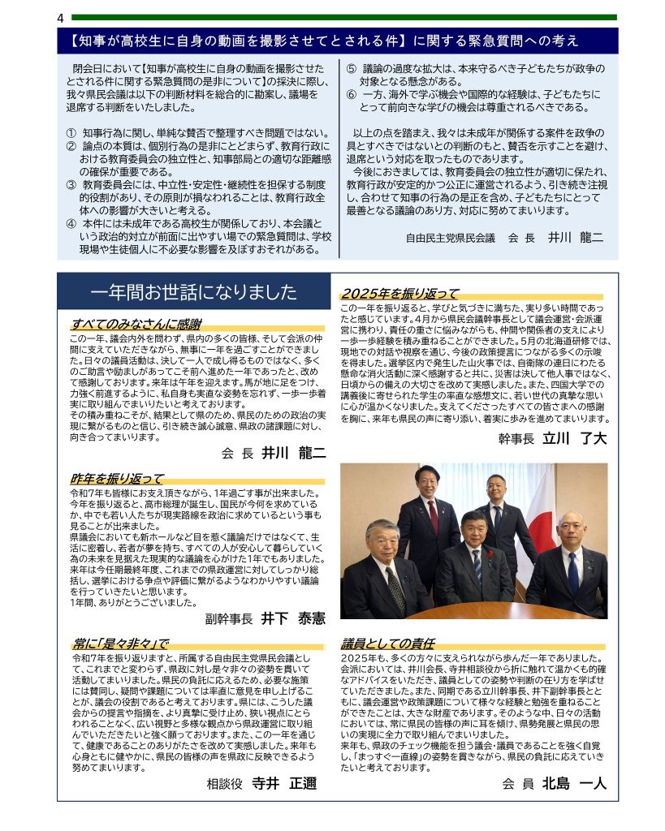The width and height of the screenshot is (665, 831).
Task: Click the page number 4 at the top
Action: (61, 18)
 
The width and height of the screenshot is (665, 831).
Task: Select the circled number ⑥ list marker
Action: (351, 94)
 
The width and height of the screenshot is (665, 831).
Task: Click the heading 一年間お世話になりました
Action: (194, 291)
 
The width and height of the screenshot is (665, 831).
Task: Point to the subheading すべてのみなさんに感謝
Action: (135, 324)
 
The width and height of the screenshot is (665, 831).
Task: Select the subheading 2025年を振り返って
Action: (399, 294)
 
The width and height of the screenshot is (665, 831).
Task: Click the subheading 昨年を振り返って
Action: (117, 479)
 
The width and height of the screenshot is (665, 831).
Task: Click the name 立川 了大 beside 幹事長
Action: (575, 439)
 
